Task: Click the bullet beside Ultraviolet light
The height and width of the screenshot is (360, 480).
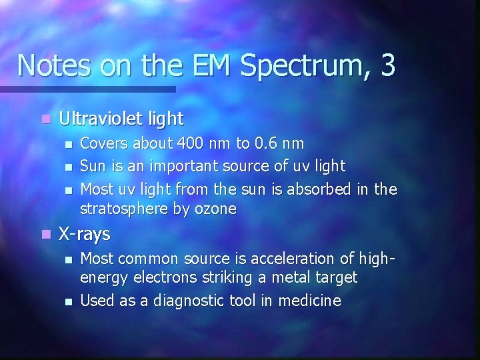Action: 45,120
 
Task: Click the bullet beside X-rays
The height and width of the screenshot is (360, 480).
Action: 45,235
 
